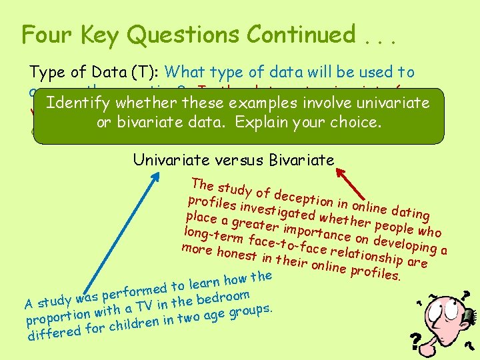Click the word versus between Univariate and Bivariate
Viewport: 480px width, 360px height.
click(223, 159)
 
